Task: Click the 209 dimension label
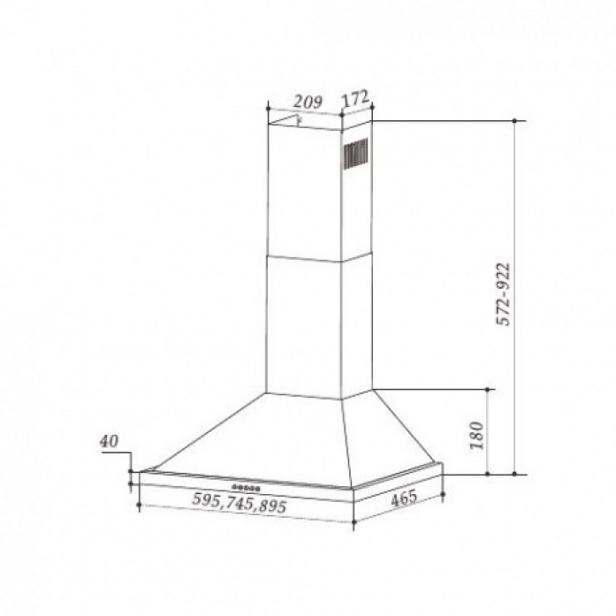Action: coord(308,103)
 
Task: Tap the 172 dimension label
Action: coord(355,98)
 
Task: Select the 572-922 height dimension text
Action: coord(503,293)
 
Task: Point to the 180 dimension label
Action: coord(476,436)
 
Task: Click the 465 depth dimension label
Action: coord(404,499)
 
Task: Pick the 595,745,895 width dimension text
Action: coord(240,503)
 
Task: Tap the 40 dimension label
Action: coord(109,442)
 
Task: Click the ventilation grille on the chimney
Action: coord(356,154)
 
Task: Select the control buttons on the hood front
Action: coord(246,488)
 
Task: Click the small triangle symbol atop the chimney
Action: coord(285,121)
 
